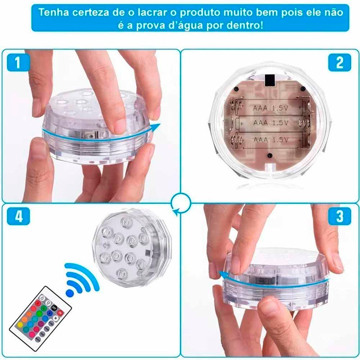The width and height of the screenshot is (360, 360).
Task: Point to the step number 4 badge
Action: click(18, 217)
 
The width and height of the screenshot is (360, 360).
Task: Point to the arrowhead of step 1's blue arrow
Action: click(157, 127)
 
